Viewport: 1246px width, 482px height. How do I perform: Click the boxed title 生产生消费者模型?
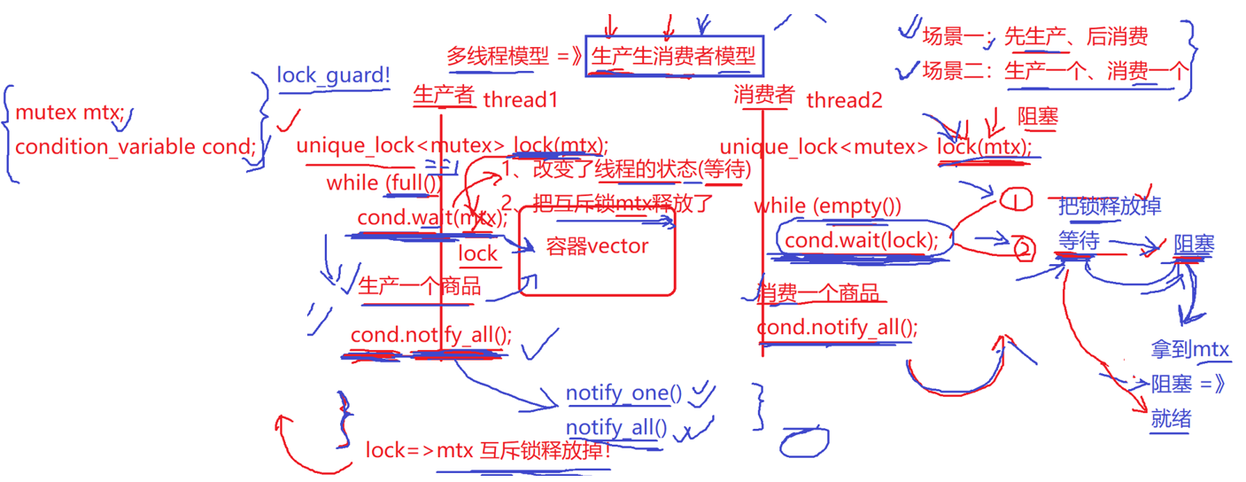pos(673,57)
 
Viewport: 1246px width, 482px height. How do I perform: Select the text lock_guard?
pos(334,75)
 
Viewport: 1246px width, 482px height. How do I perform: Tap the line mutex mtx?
pos(72,113)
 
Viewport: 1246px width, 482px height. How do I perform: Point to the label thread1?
pos(521,100)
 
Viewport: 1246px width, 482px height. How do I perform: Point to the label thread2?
pos(844,100)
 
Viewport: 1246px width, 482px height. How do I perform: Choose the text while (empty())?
pos(827,206)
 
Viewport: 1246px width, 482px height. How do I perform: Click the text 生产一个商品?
pos(420,285)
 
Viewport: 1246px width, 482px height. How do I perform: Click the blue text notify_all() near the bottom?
pos(616,428)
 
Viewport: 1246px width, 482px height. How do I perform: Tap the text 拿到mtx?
pos(1190,350)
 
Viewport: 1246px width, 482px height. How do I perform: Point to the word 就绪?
pos(1171,419)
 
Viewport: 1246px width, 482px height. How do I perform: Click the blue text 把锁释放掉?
pos(1109,206)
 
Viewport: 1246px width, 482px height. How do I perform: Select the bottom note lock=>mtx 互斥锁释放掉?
pos(488,450)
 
